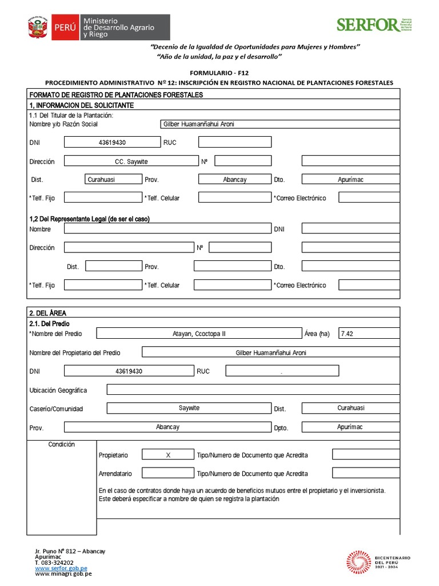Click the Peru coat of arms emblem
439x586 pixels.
38,27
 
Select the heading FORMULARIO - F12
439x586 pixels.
219,73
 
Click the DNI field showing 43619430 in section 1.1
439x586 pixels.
112,142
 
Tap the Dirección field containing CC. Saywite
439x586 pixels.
131,161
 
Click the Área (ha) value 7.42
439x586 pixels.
369,334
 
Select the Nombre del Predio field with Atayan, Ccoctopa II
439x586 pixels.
199,334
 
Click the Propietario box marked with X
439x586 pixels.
168,455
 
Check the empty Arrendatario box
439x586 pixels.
168,473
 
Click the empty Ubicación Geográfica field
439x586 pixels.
253,390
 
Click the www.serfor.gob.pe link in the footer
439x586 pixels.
61,568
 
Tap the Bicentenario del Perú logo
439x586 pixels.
379,562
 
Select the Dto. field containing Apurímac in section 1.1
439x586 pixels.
350,180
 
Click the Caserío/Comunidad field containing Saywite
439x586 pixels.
189,408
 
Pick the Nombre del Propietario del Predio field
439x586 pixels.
270,353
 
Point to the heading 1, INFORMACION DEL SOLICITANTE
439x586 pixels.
81,106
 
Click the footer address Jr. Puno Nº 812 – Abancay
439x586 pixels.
70,551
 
